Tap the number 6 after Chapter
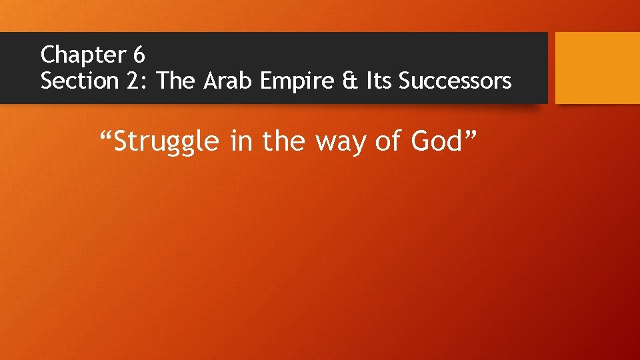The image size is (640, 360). click(139, 53)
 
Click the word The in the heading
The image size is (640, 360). click(177, 81)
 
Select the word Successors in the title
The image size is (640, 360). click(455, 81)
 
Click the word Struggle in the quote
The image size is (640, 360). click(166, 141)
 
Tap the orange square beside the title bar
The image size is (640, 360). click(597, 67)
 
